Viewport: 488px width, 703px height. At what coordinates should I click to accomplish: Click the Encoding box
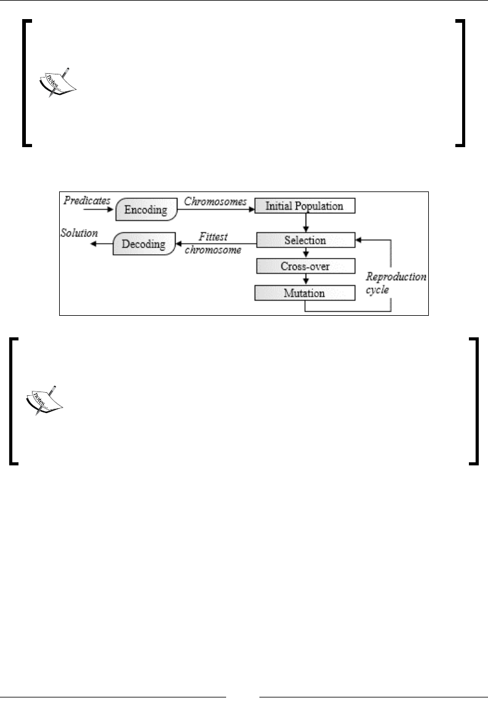point(146,210)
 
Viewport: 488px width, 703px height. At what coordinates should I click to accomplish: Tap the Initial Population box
point(305,206)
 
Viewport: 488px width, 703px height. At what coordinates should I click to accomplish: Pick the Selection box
point(305,239)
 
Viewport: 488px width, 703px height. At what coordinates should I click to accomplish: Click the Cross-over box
point(305,266)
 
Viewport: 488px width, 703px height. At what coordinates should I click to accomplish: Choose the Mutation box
point(305,293)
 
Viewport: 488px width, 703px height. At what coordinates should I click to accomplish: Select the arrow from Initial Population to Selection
point(305,222)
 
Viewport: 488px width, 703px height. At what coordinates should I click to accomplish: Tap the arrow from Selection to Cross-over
point(305,252)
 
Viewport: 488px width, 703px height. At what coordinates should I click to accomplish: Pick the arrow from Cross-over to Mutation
point(305,279)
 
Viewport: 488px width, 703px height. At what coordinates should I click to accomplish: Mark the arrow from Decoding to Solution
point(100,244)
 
